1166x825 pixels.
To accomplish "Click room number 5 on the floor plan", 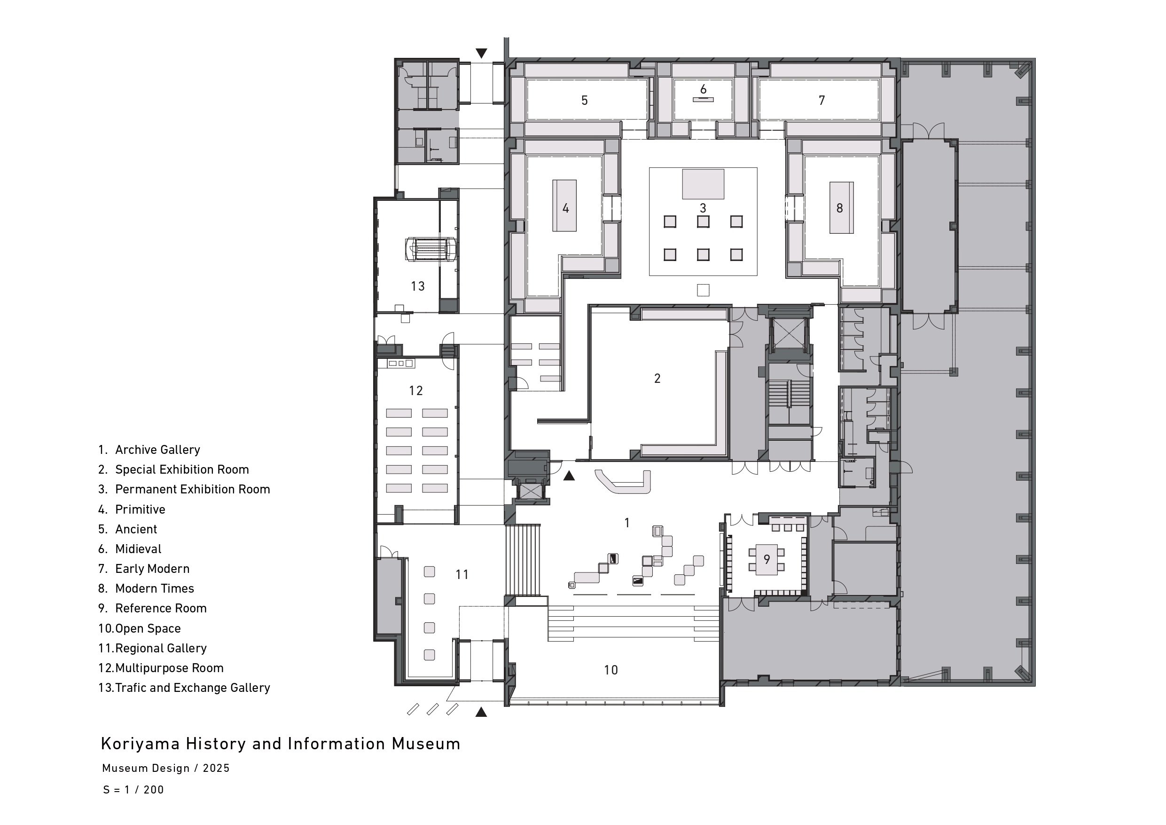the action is (585, 101).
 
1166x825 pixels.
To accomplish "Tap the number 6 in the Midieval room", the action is (703, 89).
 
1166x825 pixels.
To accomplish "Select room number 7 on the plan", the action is (822, 101).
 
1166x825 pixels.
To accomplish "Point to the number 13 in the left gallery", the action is (417, 286).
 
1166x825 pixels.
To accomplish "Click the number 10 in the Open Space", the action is (611, 670).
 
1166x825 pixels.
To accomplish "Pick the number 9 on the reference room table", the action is (767, 559).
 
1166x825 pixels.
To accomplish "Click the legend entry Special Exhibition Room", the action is (182, 470).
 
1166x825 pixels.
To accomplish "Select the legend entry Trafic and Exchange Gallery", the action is (193, 688).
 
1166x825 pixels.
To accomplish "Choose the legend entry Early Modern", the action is (152, 569).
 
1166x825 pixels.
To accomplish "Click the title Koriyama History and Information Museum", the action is (280, 744).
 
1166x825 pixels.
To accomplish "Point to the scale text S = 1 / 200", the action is (133, 790).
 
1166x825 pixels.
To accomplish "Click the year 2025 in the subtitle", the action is (216, 768).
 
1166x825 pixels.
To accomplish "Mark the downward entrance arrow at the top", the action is (481, 53).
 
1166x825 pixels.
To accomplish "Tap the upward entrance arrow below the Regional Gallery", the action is (481, 712).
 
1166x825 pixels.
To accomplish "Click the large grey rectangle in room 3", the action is (703, 184).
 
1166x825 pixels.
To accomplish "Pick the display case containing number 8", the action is (842, 207).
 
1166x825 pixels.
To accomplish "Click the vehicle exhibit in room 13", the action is (430, 249).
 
